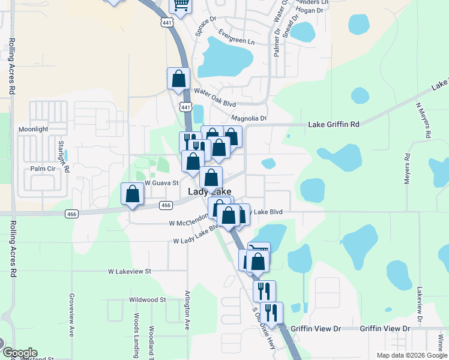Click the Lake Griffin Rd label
334,124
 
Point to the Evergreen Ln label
237,37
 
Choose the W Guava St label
161,183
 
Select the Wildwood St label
147,299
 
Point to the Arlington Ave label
187,312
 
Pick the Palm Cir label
42,169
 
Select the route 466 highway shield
167,206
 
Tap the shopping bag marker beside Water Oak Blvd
178,78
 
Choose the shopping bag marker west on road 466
132,194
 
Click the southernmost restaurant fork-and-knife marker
271,313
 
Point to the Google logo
20,353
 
